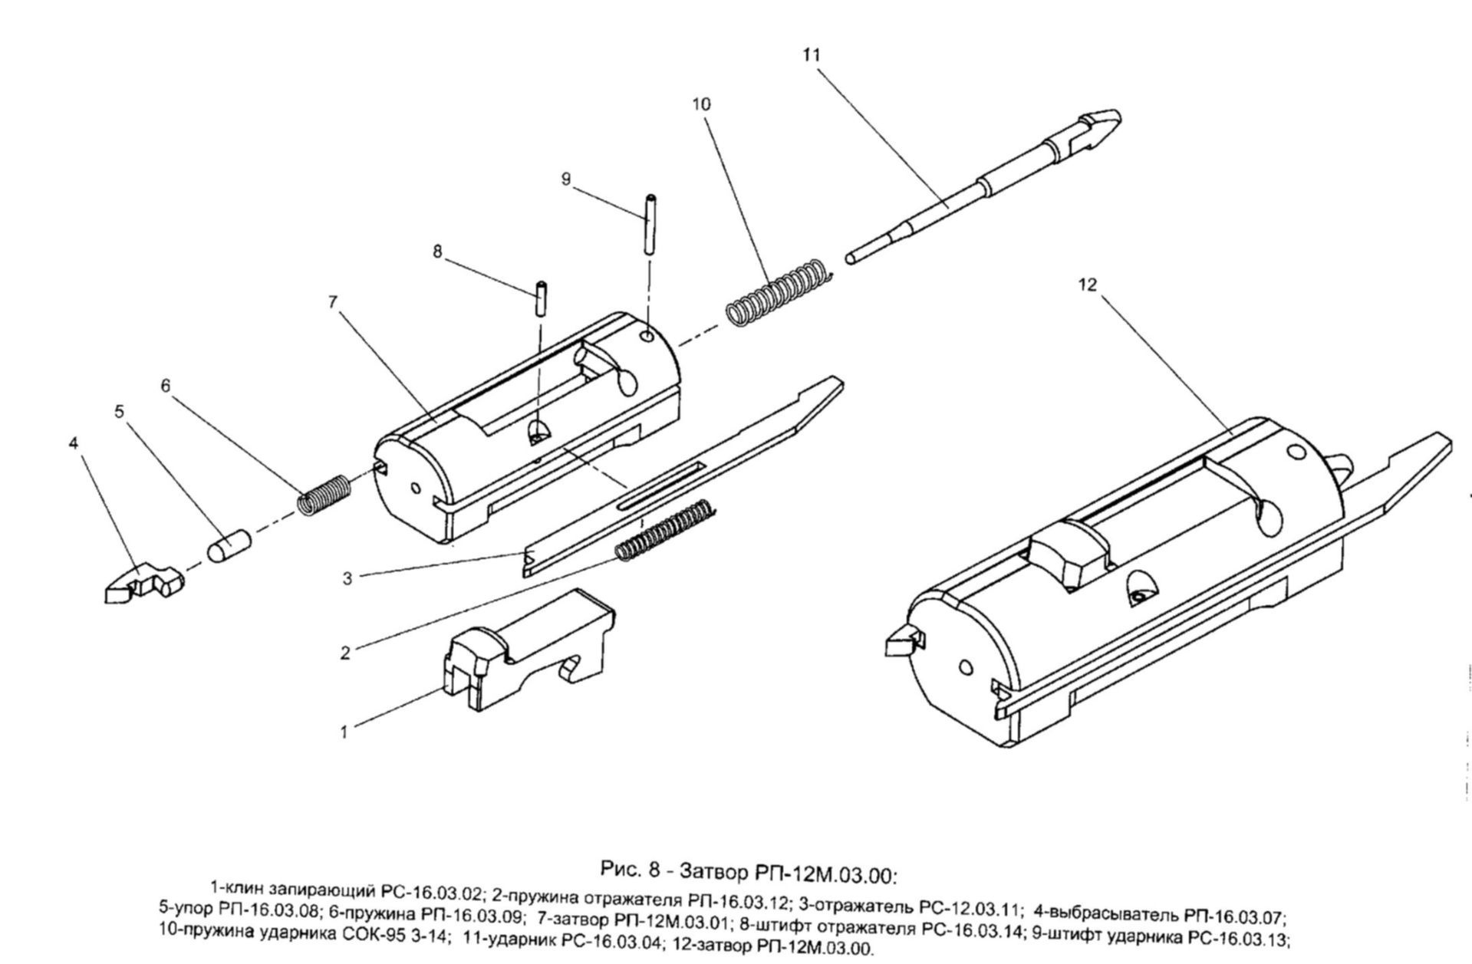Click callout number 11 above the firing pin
811,55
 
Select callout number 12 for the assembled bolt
1088,285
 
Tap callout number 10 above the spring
701,104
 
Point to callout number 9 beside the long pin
566,179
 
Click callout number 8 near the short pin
437,252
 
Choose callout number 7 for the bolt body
333,301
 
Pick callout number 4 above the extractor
74,443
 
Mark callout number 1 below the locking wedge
344,732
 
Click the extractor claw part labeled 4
143,583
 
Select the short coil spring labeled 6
324,495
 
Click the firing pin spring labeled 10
777,293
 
